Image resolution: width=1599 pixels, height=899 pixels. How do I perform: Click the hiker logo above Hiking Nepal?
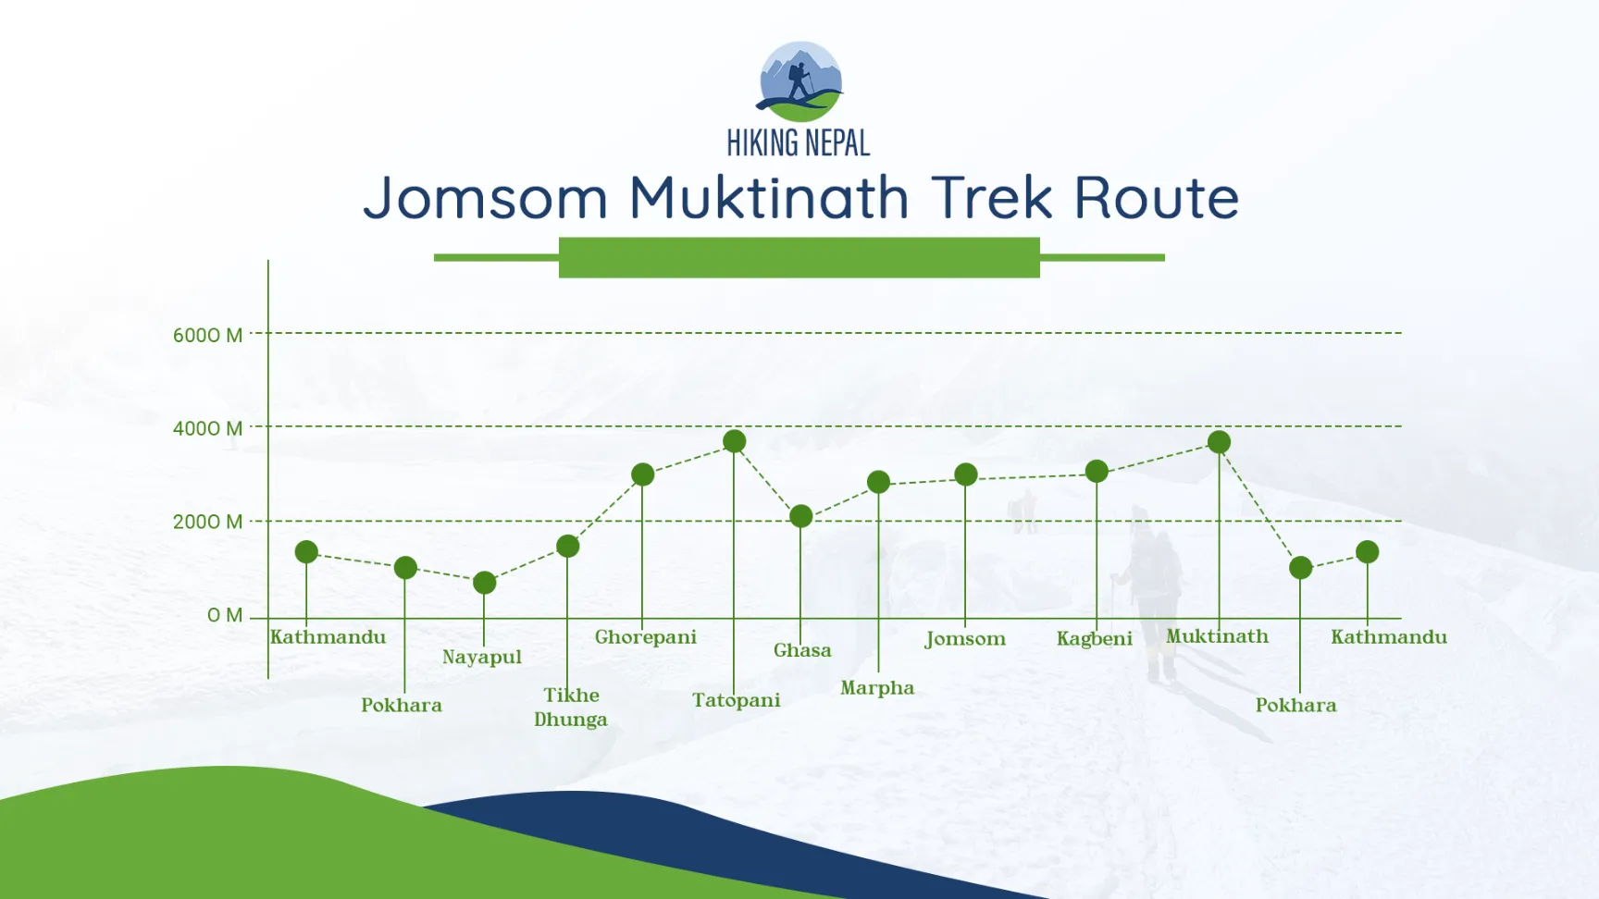click(799, 81)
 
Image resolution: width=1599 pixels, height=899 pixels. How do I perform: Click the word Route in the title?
click(1156, 198)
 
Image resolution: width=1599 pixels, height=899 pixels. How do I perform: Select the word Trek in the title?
click(992, 198)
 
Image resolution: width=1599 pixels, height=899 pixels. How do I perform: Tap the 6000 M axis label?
click(207, 335)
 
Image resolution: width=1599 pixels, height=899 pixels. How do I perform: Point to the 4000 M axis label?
click(207, 428)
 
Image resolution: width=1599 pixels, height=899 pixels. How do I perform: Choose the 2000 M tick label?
click(207, 522)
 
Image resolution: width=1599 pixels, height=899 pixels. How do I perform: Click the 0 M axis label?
click(225, 615)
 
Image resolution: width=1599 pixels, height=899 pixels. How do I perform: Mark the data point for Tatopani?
click(735, 441)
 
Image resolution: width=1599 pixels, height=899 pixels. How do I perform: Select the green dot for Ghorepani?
click(642, 474)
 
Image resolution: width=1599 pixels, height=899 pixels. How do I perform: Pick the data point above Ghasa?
click(801, 516)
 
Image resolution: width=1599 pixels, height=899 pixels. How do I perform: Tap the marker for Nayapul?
click(484, 583)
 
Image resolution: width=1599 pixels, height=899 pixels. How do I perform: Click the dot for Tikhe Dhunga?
click(568, 547)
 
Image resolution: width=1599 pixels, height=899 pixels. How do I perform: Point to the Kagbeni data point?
click(1097, 472)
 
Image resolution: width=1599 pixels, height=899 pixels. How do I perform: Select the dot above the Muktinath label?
click(1219, 442)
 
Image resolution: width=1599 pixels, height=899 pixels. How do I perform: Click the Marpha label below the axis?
click(877, 688)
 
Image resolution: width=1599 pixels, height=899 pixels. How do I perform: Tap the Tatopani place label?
click(737, 700)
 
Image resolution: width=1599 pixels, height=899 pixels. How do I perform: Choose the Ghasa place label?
click(802, 650)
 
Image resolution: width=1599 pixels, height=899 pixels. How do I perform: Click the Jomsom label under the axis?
click(965, 638)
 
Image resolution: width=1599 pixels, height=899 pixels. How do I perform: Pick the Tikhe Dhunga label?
click(571, 708)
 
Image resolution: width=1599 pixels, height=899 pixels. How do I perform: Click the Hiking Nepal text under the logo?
click(799, 143)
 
